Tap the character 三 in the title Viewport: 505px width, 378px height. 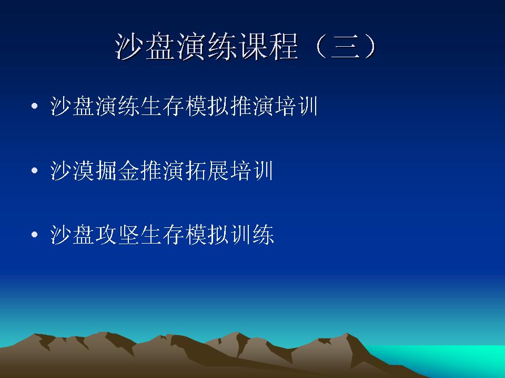tap(346, 47)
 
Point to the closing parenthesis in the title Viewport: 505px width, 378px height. tap(370, 47)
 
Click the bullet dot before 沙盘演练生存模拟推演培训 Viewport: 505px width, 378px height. tap(35, 106)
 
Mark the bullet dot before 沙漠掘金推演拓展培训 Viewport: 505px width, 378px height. tap(35, 170)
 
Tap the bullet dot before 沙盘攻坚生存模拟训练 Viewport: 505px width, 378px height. tap(35, 234)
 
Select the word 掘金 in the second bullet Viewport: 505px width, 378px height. tap(117, 170)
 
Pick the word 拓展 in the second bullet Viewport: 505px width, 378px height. tap(207, 170)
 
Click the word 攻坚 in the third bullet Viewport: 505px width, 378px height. tap(117, 234)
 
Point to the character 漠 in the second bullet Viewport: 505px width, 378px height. tap(84, 170)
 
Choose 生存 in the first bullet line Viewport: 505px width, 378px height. tap(163, 106)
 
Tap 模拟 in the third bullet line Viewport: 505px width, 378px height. tap(207, 234)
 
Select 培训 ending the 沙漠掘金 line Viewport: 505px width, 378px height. tap(251, 170)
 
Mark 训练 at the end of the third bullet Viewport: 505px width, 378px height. tap(251, 234)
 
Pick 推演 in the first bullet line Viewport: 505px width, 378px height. tap(251, 106)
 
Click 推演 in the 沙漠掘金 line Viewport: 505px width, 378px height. tap(163, 170)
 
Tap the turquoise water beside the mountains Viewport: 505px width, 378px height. tap(451, 357)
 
